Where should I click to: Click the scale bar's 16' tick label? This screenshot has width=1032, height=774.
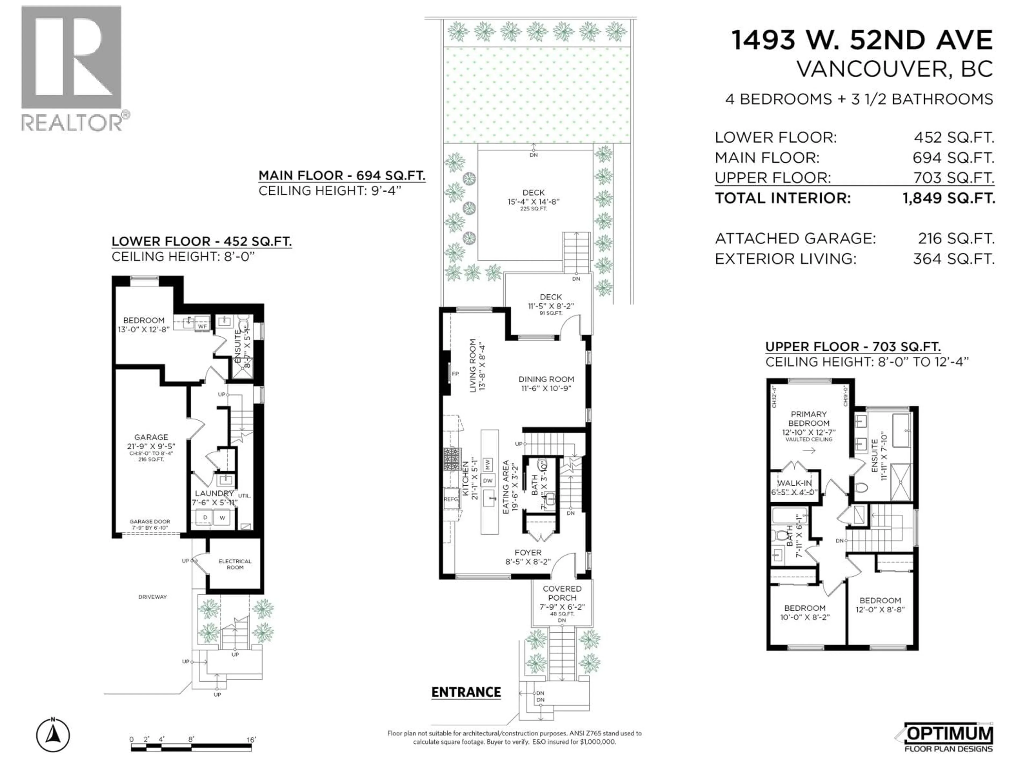251,740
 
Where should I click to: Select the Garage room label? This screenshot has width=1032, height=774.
151,437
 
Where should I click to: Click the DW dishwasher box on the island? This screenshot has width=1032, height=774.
488,481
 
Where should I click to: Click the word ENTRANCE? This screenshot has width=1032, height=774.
466,692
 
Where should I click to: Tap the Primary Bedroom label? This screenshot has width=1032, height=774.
808,418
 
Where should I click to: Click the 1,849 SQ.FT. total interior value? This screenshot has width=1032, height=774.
948,198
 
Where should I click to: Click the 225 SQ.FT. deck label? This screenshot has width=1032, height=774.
533,209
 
